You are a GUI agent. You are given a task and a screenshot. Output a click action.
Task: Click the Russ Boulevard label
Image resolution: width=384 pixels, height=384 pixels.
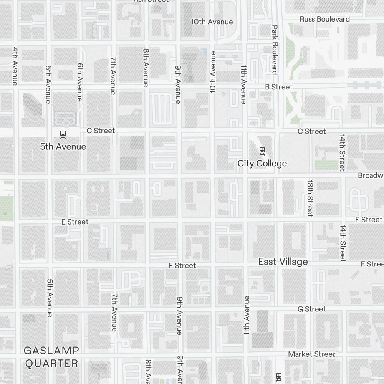click(324, 19)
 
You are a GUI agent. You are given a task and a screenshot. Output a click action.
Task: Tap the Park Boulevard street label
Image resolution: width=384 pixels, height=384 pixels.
click(275, 50)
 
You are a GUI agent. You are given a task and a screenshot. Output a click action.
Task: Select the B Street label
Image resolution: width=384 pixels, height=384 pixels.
click(279, 87)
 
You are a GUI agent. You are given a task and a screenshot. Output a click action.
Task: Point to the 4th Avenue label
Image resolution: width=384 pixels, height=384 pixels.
click(15, 66)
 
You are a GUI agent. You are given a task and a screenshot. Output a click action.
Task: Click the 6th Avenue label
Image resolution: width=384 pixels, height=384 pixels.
click(80, 82)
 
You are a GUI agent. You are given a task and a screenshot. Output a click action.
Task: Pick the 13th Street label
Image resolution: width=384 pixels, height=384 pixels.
click(310, 198)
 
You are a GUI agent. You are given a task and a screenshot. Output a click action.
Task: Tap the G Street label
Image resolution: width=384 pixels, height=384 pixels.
click(312, 309)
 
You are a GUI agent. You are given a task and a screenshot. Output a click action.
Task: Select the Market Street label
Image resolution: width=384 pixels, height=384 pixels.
click(311, 354)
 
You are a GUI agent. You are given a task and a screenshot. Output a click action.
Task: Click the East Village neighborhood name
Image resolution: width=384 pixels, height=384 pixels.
click(283, 262)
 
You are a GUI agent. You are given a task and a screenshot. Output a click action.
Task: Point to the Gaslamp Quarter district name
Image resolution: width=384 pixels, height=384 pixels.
click(51, 357)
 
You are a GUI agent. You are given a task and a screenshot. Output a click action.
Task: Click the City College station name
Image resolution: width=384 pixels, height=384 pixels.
click(262, 163)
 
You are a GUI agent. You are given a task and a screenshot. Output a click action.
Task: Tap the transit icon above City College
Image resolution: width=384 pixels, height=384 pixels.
click(262, 151)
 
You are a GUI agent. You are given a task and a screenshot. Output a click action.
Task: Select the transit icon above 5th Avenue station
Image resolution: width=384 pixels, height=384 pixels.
click(63, 134)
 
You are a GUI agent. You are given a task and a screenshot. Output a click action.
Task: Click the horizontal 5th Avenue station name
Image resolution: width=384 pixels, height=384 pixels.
click(63, 147)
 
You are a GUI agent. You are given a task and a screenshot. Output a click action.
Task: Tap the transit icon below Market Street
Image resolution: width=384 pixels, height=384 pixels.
click(279, 377)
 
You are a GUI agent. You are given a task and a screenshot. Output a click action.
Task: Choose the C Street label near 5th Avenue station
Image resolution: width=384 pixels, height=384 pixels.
click(101, 131)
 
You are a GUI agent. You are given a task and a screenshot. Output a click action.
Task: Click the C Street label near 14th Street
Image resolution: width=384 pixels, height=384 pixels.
click(312, 131)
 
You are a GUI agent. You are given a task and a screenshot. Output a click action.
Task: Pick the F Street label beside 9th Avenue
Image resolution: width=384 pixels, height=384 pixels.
click(182, 266)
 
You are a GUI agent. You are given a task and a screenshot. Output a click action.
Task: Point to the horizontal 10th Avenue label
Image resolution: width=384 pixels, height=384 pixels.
click(212, 22)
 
